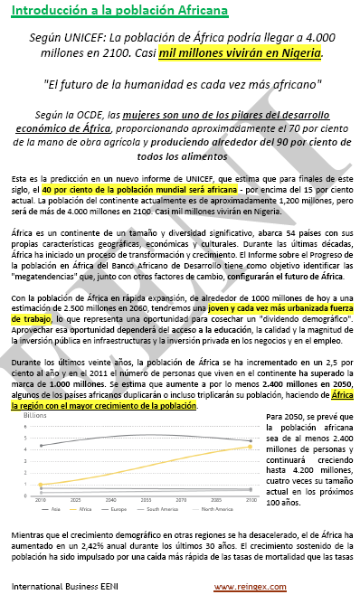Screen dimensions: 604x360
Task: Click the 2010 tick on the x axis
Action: point(40,498)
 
